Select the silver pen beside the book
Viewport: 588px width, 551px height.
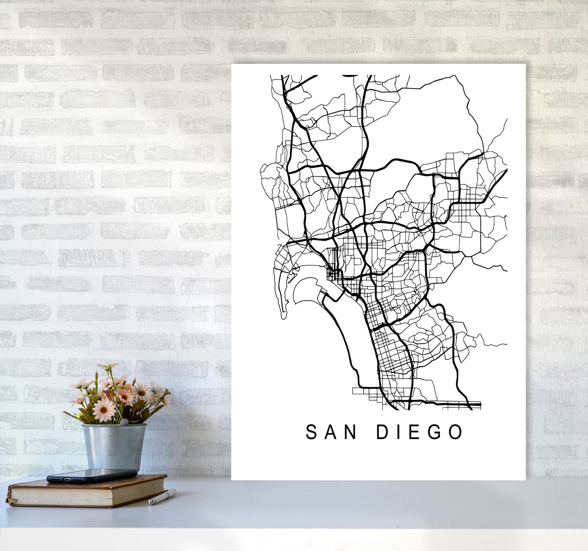pos(162,497)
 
